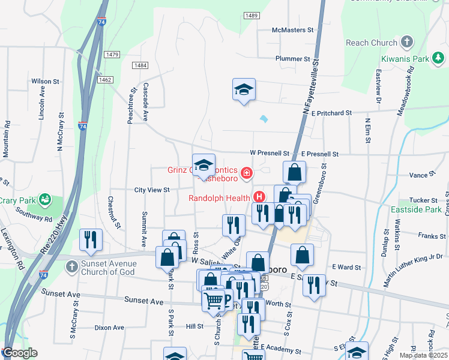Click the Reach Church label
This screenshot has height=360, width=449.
tap(372, 43)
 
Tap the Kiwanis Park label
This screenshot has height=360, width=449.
tap(405, 59)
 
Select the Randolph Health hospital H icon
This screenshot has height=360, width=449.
tap(259, 196)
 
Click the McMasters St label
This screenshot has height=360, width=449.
tap(293, 29)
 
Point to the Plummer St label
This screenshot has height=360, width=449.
tap(292, 59)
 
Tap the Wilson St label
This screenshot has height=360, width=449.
tap(45, 81)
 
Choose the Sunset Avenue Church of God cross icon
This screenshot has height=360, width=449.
tap(71, 266)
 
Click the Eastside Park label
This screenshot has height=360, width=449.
tap(424, 211)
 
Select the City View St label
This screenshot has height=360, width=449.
tap(152, 190)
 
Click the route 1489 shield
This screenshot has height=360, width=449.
tap(252, 15)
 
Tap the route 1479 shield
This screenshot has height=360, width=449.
tap(112, 55)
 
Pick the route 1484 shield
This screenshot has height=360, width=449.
tap(140, 65)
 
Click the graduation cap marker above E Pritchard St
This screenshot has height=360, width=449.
tap(244, 89)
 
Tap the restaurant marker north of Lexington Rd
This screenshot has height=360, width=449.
tap(91, 239)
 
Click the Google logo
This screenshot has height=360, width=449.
tap(20, 353)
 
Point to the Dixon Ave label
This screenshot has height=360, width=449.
tap(109, 328)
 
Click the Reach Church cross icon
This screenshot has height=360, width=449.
tap(407, 42)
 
